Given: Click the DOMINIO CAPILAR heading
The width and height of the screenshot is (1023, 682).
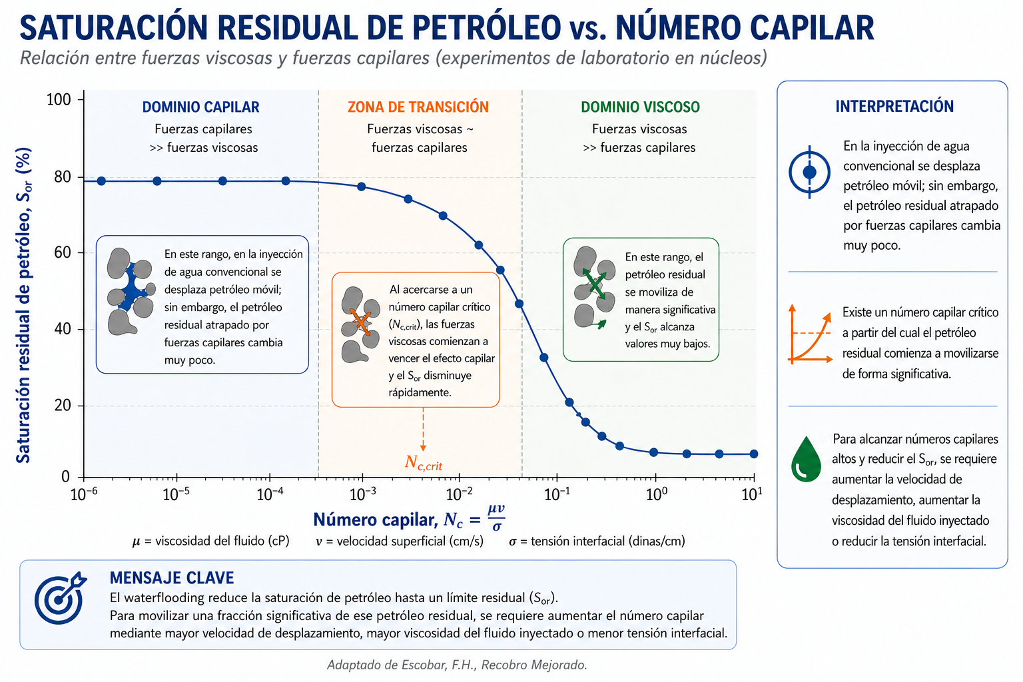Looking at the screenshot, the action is (x=200, y=107).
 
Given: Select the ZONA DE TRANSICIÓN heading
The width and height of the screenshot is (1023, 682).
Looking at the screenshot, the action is (x=418, y=107).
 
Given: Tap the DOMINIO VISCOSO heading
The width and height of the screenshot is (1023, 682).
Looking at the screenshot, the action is (x=640, y=107).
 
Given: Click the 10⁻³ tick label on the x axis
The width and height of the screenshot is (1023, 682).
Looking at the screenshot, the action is (x=363, y=494).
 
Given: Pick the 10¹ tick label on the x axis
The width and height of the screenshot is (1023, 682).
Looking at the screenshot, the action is (x=752, y=494).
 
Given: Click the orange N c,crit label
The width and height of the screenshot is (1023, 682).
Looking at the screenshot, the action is (x=424, y=463).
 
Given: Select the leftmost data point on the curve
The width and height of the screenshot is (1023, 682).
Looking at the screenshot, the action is (x=101, y=181).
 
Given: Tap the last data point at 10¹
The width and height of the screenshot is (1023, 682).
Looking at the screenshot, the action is (x=754, y=454).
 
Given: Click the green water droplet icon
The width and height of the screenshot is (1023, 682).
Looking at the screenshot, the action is (x=806, y=460).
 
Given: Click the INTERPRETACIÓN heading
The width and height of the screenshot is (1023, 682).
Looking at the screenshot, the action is (x=894, y=106).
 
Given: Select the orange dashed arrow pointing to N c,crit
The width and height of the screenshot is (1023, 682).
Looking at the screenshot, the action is (x=423, y=429).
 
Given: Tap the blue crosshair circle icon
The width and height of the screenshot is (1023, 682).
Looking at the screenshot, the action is (x=809, y=172).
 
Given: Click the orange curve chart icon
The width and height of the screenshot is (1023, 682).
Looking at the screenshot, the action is (x=810, y=334).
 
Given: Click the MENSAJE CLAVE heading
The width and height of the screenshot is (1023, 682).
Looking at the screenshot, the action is (x=172, y=578).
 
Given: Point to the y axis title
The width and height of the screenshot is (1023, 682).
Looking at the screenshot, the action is (x=24, y=304).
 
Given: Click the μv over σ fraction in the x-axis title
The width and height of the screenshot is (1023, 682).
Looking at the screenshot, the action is (x=496, y=518).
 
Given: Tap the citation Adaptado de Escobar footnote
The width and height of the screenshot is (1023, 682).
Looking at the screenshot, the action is (x=457, y=665).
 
